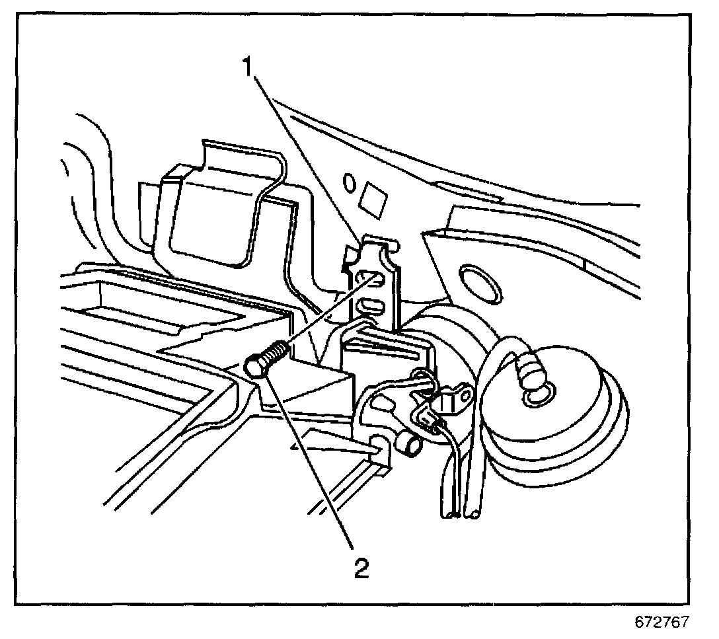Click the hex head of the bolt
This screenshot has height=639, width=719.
click(257, 365)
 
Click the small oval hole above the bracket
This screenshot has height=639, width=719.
click(350, 181)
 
